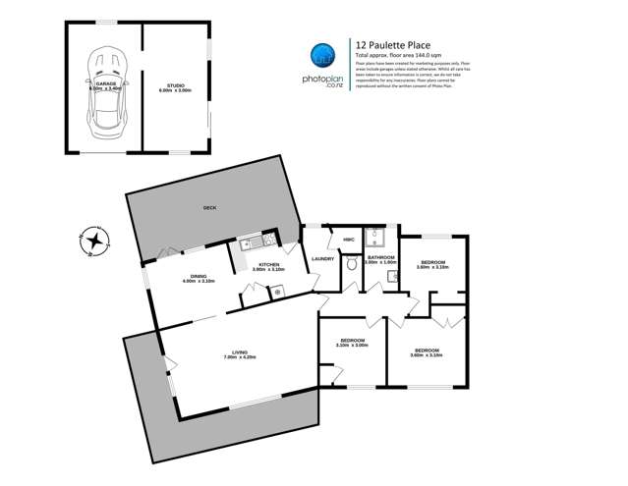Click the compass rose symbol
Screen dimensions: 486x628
point(92,239)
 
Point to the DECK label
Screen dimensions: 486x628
point(208,208)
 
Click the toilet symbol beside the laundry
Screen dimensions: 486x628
point(351,264)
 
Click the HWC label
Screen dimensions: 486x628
point(348,240)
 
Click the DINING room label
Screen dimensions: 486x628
point(199,276)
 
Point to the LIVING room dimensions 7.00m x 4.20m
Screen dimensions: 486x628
point(238,358)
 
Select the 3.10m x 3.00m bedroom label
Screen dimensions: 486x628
point(351,345)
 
